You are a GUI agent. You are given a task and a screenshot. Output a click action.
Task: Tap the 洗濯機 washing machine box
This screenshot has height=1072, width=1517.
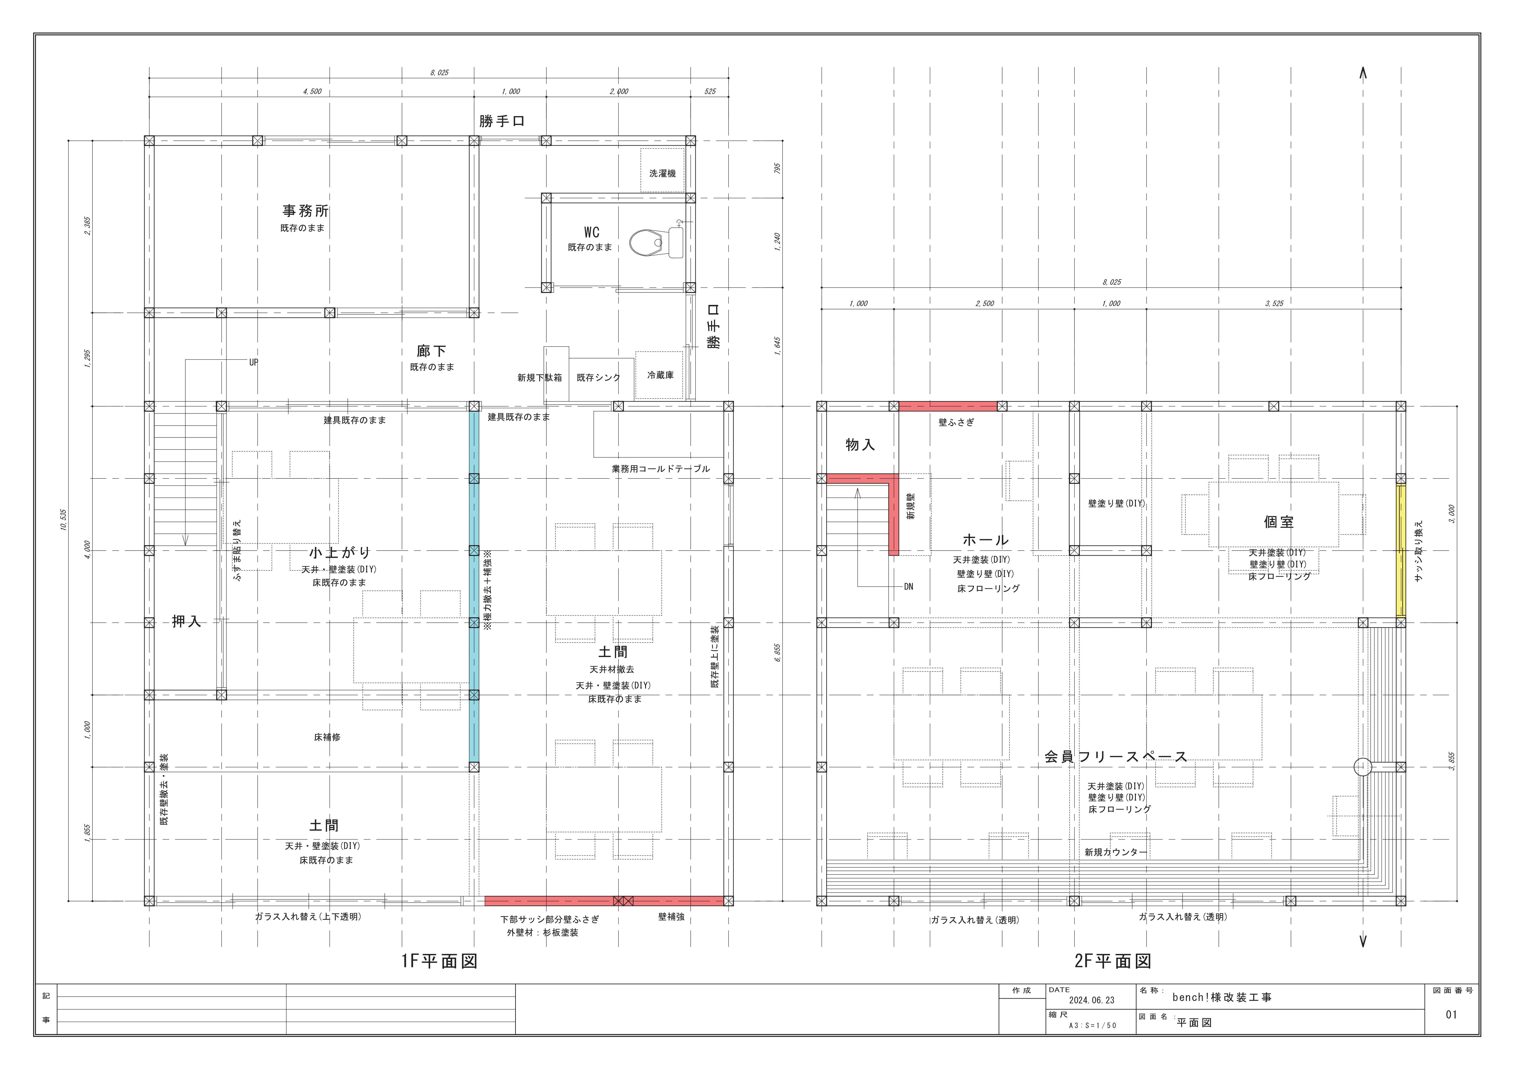pos(662,171)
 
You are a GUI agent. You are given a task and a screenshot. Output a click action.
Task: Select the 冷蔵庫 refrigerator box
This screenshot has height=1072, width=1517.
pos(659,375)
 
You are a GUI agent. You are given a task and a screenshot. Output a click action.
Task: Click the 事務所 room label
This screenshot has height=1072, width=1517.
pos(305,211)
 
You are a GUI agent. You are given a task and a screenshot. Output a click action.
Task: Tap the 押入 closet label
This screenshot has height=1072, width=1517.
pos(186,621)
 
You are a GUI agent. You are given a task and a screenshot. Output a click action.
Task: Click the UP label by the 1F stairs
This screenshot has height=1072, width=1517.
pos(254,362)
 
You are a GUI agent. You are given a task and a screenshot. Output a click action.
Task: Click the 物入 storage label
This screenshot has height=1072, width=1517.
pos(860,445)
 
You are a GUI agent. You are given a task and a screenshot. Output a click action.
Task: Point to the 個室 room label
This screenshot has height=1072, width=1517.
pos(1279,522)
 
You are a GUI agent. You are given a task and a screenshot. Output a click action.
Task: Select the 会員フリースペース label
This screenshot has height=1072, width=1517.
pos(1116,757)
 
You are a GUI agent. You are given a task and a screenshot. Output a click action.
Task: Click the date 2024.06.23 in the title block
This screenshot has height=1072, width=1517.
pos(1092,1000)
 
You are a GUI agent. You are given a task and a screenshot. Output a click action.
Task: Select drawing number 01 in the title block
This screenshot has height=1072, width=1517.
pos(1451,1014)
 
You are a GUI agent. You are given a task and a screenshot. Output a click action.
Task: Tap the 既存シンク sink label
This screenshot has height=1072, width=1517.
pos(599,377)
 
